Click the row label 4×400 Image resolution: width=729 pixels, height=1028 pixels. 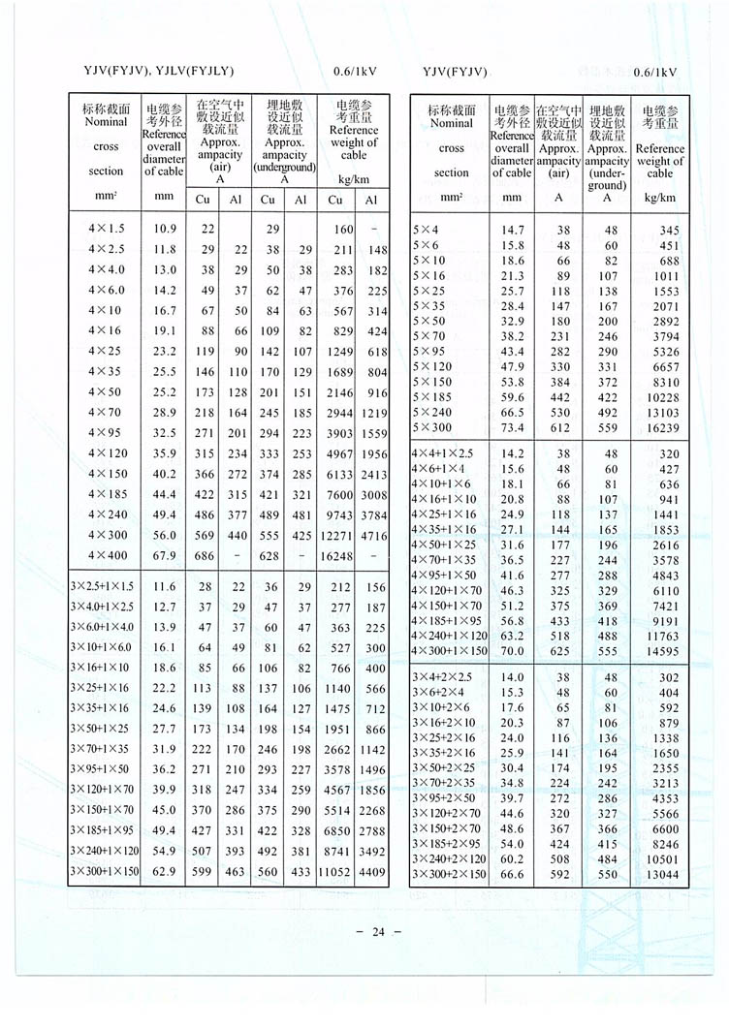click(106, 555)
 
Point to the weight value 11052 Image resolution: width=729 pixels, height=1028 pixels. click(335, 872)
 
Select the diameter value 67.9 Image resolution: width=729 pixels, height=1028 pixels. click(164, 555)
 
